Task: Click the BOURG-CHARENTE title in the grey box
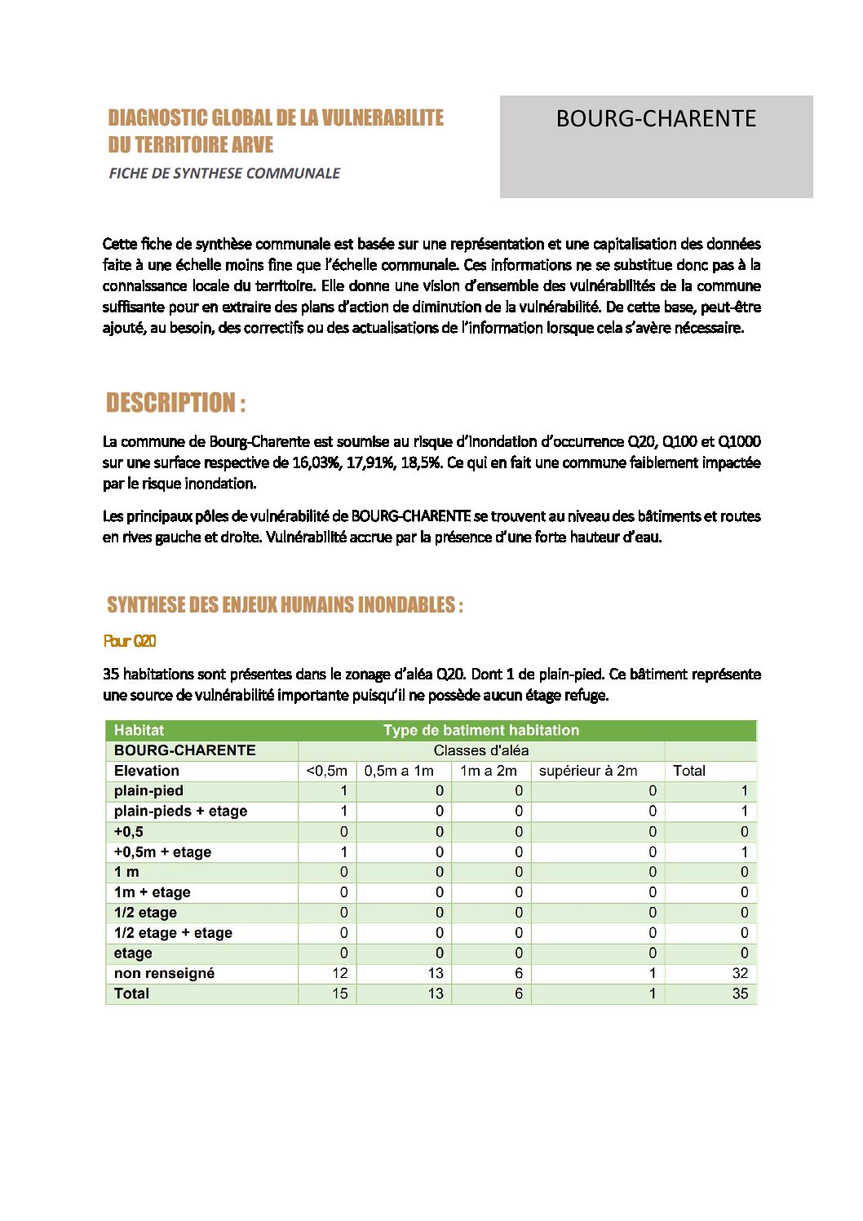point(656,119)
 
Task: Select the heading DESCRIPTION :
point(175,403)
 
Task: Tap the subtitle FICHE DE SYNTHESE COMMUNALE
point(224,173)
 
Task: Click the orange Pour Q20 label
point(130,641)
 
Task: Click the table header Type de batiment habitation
point(481,730)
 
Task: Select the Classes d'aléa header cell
point(481,750)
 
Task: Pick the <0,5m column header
point(326,771)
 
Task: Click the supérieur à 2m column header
point(588,771)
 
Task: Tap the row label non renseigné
point(164,973)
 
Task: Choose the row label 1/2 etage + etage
point(173,932)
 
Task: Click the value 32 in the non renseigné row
point(740,973)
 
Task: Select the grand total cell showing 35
point(740,993)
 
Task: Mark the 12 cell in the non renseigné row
point(339,973)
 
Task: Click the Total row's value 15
point(339,993)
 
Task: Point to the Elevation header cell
point(147,771)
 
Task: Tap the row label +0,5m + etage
point(162,852)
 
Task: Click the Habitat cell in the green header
point(139,730)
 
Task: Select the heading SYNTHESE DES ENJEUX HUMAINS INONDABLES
point(285,605)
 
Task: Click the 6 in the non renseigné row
point(518,973)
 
